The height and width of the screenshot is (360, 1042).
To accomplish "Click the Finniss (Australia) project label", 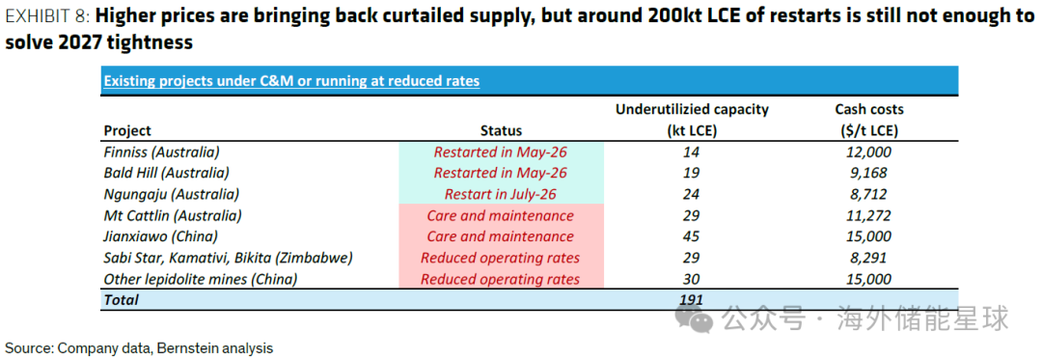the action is point(161,152).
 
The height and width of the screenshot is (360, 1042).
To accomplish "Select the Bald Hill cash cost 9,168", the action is point(869,173).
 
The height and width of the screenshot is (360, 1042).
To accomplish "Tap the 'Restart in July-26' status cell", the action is point(501,194).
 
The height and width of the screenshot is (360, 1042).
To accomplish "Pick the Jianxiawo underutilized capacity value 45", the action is point(692,236).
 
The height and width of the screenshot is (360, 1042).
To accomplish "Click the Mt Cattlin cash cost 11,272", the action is point(869,215).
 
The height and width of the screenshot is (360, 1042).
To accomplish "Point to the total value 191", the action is point(691,299).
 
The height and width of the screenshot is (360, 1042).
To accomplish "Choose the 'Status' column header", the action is point(501,131).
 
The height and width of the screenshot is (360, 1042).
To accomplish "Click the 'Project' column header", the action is point(127,131).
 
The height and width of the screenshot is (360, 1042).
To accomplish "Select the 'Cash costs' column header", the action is point(869,110).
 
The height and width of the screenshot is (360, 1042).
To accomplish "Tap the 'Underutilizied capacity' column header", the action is point(692,110).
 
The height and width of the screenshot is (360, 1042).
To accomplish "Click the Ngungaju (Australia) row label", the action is point(172,194).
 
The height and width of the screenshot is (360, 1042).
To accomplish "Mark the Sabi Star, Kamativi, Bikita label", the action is point(228,258).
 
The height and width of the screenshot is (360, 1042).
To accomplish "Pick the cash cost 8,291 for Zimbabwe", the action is point(869,258).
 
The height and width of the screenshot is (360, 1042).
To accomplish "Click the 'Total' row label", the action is point(121,299).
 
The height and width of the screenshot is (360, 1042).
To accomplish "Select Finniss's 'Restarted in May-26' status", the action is point(501,152).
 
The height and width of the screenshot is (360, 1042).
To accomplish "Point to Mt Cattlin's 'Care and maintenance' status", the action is point(501,215).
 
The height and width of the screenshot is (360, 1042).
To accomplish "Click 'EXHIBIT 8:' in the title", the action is point(47,16).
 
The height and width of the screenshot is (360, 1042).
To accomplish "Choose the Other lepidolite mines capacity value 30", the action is point(692,279).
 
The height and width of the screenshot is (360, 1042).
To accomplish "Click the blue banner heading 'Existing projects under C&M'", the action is point(291,81).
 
